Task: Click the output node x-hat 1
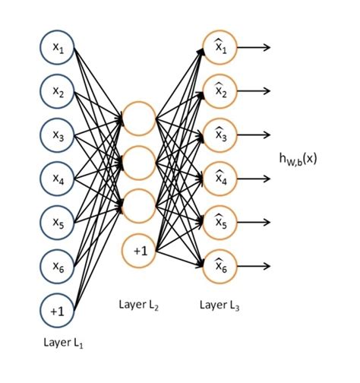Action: point(220,47)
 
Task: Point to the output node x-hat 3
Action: point(220,135)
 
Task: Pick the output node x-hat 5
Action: point(220,223)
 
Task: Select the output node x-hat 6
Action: point(220,267)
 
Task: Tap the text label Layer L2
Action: point(140,305)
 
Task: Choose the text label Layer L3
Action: point(220,305)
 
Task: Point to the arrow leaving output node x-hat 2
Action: point(254,91)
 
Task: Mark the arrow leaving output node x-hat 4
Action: point(254,179)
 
